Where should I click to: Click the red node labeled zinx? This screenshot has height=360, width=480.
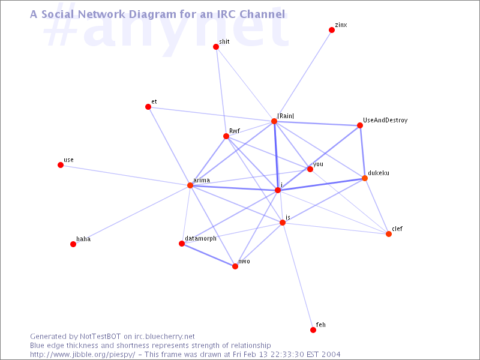point(332,30)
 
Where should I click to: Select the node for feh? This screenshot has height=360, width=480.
point(313,329)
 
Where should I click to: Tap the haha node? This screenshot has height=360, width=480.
point(73,244)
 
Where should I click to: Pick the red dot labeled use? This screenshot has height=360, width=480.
point(61,165)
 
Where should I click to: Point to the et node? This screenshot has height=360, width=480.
point(148,107)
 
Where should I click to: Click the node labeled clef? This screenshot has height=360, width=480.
point(389,234)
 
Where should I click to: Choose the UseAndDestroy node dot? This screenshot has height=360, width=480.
point(360,125)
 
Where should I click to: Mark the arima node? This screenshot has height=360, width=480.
point(190,185)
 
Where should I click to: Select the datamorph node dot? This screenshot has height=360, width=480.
point(182,244)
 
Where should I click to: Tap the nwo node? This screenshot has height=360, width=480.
point(235,266)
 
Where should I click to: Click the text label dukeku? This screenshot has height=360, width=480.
point(379,173)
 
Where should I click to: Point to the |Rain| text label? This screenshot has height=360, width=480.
point(286,116)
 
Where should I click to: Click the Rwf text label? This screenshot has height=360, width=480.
point(235,131)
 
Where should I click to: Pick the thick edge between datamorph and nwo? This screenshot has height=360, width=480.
point(208,255)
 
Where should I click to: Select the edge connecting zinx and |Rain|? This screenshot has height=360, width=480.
point(303,76)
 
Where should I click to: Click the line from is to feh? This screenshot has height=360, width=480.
point(298,276)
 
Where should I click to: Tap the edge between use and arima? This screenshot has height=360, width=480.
point(125,175)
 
